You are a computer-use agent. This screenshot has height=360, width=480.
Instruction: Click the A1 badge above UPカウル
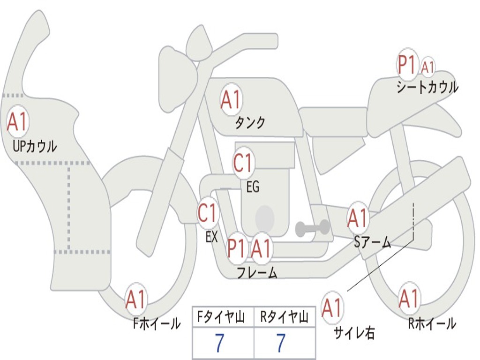(18, 122)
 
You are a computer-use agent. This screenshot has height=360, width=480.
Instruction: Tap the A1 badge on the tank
(231, 99)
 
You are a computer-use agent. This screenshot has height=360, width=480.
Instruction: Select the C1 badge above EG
(243, 163)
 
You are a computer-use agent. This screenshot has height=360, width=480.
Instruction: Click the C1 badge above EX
(208, 213)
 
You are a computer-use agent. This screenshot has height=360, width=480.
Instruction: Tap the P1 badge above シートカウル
(407, 65)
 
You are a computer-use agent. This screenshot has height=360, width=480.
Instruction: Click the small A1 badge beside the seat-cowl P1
(428, 67)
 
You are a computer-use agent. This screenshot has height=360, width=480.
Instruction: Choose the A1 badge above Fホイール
(136, 299)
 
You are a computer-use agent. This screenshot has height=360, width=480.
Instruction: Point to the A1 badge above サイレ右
(332, 307)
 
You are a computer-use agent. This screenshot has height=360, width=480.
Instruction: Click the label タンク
(250, 123)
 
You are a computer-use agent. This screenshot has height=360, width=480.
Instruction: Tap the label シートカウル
(427, 88)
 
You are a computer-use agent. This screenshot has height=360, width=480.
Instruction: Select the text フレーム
(257, 273)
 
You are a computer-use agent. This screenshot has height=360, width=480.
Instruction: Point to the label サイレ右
(354, 333)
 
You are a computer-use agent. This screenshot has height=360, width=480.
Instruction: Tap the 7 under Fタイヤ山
(219, 344)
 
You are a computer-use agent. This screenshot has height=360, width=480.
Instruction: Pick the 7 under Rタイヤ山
(280, 344)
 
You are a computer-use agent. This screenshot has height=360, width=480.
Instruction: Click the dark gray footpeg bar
(313, 228)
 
